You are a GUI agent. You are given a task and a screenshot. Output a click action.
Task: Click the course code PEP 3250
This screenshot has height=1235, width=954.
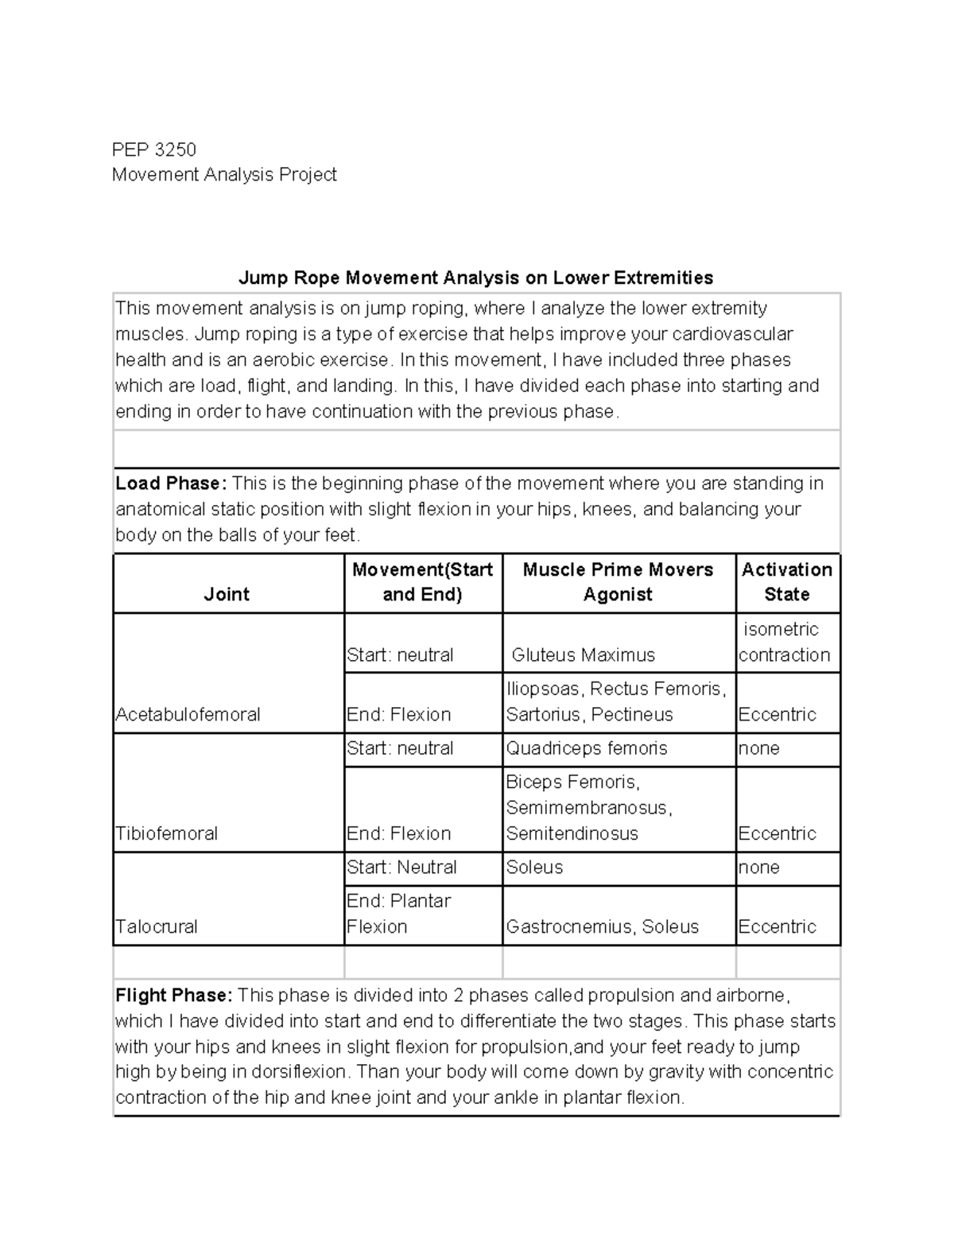click(153, 150)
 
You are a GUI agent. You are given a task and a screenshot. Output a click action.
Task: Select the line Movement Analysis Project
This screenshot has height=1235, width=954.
click(224, 175)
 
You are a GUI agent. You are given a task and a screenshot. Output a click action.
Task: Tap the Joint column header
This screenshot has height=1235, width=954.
click(227, 594)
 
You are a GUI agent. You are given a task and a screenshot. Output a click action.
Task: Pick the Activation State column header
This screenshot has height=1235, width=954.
click(786, 582)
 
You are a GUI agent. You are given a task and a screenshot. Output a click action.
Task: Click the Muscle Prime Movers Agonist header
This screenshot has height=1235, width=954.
click(618, 582)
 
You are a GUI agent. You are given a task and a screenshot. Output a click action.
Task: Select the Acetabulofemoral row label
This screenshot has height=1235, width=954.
click(188, 714)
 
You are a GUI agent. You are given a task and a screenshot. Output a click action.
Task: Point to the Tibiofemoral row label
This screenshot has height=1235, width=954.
click(167, 833)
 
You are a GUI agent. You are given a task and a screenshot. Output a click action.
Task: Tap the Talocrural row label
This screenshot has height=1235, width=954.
click(157, 926)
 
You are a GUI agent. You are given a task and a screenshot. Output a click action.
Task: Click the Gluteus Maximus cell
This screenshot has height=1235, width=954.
click(583, 654)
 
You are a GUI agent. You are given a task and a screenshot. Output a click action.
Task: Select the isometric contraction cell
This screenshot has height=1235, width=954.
click(784, 643)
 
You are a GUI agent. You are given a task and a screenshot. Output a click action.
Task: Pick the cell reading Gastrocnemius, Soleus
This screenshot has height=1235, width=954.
click(603, 926)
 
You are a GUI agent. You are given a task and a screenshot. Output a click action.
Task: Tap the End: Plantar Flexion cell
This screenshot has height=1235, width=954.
click(399, 914)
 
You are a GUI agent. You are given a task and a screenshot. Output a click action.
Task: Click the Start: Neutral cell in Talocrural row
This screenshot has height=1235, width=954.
click(401, 867)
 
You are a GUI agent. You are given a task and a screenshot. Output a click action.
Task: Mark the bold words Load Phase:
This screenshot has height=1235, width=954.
click(171, 484)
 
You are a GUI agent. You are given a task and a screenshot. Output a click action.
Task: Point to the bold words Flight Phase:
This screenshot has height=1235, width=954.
click(174, 996)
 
